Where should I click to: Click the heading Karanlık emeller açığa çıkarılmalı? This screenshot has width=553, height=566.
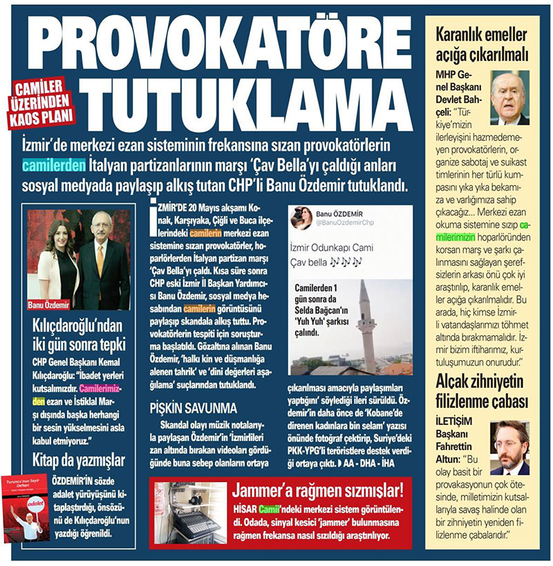tap(482, 44)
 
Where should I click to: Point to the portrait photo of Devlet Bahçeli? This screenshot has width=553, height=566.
tap(509, 96)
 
